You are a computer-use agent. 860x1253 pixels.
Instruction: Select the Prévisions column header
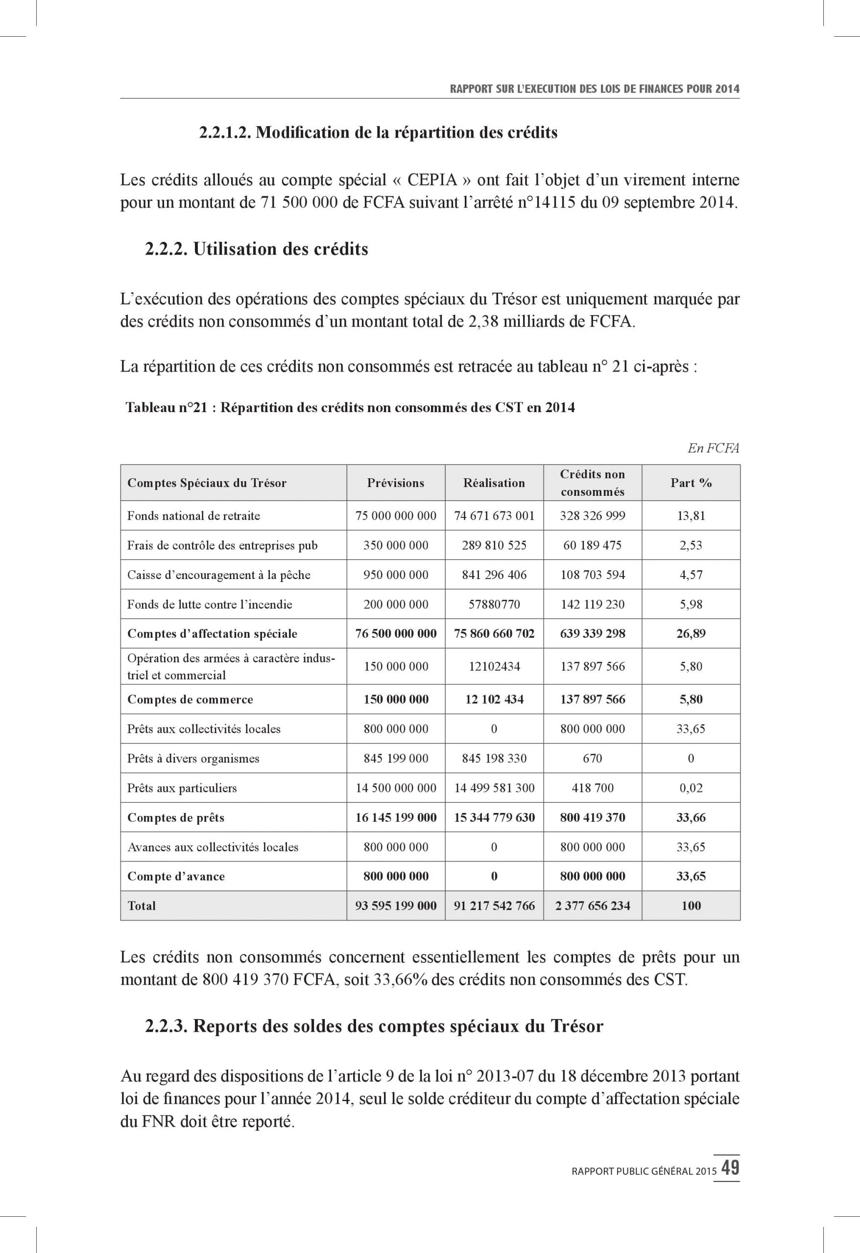click(x=395, y=483)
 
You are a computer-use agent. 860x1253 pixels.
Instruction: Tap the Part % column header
click(x=691, y=483)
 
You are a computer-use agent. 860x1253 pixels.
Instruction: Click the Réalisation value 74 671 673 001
click(x=494, y=516)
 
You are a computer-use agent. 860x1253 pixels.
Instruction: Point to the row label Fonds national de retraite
click(x=193, y=516)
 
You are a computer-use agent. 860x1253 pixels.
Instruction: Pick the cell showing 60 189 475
click(x=593, y=545)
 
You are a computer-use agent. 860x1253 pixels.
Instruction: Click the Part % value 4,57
click(x=691, y=575)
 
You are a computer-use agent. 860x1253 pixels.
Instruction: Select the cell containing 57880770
click(x=494, y=604)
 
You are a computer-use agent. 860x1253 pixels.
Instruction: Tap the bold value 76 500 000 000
click(x=395, y=633)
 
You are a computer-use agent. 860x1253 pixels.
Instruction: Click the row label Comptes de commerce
click(x=190, y=700)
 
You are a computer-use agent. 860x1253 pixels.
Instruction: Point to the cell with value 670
click(x=593, y=759)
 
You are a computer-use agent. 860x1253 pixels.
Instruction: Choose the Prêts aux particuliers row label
click(x=182, y=788)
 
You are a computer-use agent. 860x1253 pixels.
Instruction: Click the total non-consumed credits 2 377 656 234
click(x=593, y=906)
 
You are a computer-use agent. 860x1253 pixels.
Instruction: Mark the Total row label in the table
click(x=142, y=906)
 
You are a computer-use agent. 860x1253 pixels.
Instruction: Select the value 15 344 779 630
click(x=494, y=818)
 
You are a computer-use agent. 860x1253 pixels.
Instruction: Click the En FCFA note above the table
click(x=713, y=448)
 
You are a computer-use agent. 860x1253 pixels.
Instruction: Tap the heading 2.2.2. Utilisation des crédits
click(x=256, y=249)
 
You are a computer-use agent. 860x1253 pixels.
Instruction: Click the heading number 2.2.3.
click(x=166, y=1026)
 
